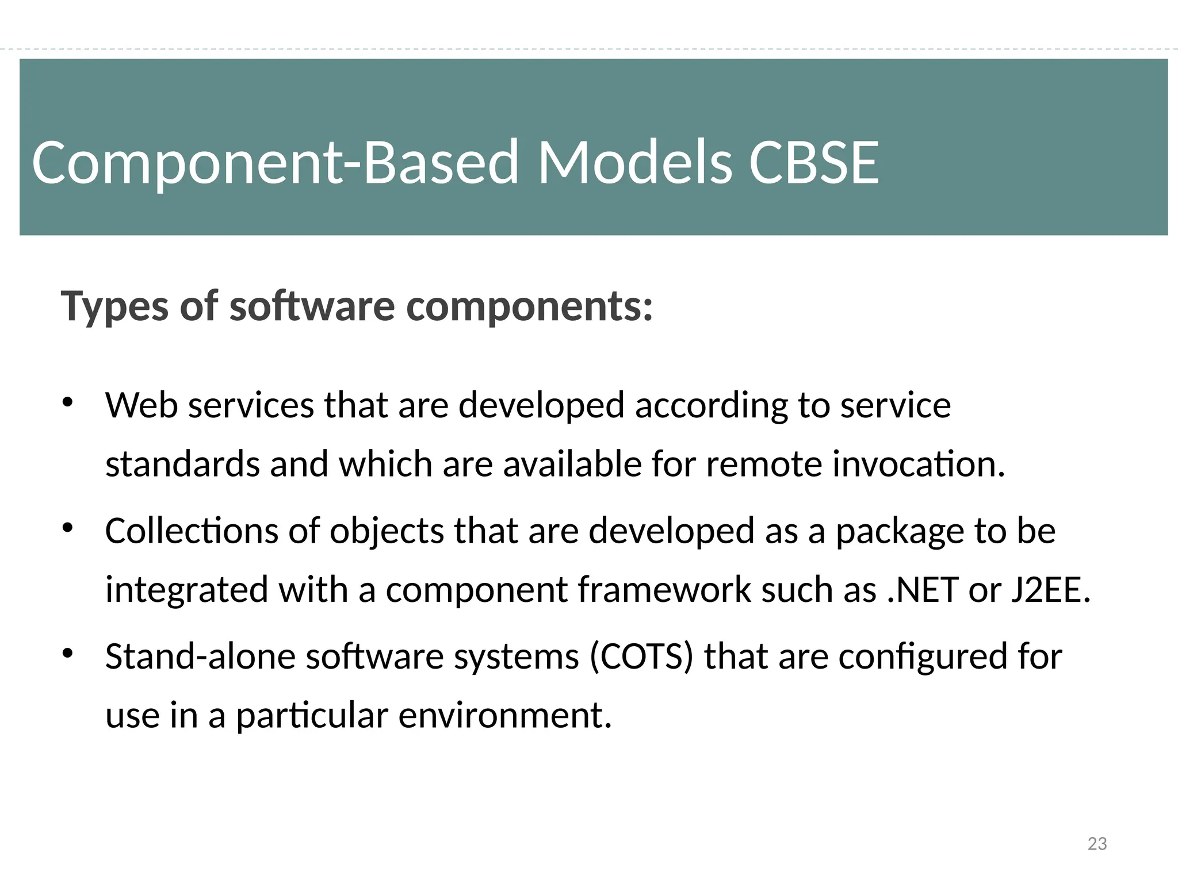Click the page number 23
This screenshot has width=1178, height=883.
[1097, 843]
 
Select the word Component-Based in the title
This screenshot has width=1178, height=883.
[276, 164]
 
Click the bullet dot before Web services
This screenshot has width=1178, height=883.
[67, 402]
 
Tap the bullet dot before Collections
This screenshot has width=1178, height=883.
[67, 528]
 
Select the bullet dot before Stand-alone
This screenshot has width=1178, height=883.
[67, 653]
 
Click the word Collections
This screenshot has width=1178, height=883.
[192, 531]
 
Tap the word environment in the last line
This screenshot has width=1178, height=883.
[504, 716]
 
